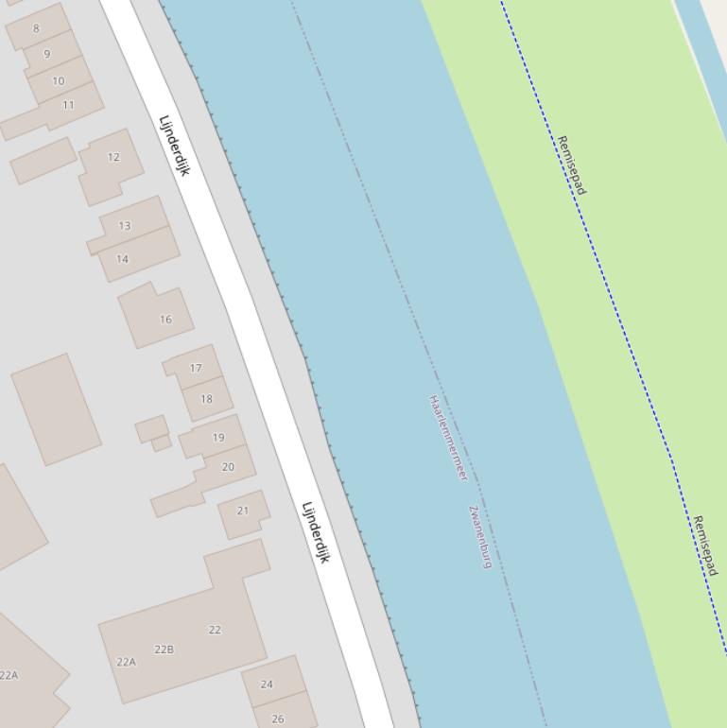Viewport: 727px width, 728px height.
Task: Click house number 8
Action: (36, 28)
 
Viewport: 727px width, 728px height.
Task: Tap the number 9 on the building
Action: (46, 54)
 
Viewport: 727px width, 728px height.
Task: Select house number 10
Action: (59, 80)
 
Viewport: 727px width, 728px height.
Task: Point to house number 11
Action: (68, 105)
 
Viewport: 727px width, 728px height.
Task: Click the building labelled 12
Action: (113, 157)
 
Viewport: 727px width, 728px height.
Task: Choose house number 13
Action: (125, 226)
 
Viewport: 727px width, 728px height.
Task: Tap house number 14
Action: (122, 259)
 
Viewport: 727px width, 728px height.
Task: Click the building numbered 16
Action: (165, 320)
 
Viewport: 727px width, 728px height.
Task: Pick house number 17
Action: (196, 369)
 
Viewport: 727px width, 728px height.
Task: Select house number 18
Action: (206, 399)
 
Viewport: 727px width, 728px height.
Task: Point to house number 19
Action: (218, 438)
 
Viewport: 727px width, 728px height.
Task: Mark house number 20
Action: (228, 467)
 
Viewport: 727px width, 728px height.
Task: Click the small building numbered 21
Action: (243, 511)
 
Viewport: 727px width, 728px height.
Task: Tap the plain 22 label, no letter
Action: (215, 630)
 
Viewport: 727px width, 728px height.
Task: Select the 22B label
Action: (164, 650)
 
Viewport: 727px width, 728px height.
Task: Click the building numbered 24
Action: (267, 685)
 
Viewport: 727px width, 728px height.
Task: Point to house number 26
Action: (278, 719)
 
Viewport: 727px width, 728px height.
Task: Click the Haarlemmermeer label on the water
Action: (448, 438)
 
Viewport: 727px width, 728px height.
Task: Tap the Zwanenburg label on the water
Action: (480, 536)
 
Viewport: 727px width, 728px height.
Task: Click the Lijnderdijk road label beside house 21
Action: (315, 532)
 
